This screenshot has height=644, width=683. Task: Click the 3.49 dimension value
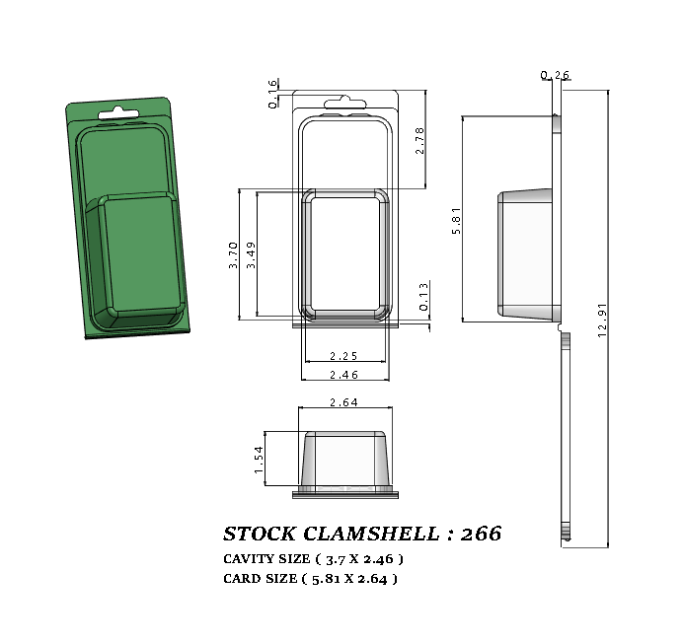tap(252, 255)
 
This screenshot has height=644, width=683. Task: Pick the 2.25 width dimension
tap(344, 356)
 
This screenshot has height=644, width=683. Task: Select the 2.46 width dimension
tap(344, 375)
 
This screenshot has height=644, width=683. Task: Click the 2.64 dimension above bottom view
tap(343, 401)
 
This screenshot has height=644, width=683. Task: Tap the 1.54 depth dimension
tap(260, 460)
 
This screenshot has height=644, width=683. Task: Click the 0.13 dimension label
tap(423, 297)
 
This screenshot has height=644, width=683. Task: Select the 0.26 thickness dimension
tap(556, 75)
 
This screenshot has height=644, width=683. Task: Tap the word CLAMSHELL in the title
tap(370, 534)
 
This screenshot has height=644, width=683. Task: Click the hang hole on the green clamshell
tap(117, 110)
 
